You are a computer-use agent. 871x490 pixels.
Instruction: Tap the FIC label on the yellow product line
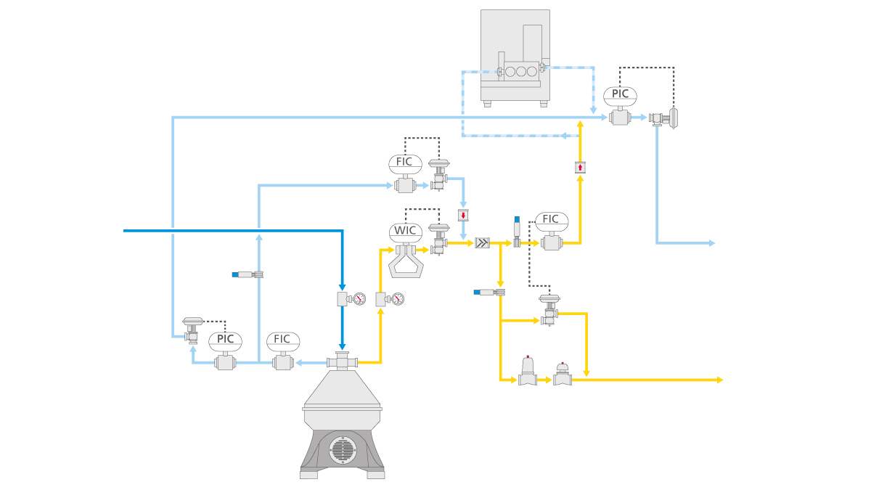tap(551, 219)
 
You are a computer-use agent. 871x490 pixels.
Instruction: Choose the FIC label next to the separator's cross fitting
tap(282, 339)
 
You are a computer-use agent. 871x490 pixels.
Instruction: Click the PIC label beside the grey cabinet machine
tap(621, 94)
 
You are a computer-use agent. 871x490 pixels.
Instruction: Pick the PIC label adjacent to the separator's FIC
tap(225, 339)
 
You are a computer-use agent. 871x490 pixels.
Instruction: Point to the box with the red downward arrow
tap(463, 215)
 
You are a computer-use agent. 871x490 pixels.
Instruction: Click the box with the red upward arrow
tap(580, 167)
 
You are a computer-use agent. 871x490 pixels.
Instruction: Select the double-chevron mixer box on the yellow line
tap(482, 243)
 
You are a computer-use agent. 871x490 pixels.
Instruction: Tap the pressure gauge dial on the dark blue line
tap(359, 298)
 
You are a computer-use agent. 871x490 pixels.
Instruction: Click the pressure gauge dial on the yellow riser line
tap(396, 298)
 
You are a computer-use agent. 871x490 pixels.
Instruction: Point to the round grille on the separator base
tap(342, 450)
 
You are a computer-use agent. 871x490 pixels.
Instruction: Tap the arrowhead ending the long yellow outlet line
tap(719, 380)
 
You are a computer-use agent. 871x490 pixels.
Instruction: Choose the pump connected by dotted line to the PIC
tap(664, 118)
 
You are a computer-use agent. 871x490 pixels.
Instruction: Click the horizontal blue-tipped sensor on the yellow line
tap(488, 292)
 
